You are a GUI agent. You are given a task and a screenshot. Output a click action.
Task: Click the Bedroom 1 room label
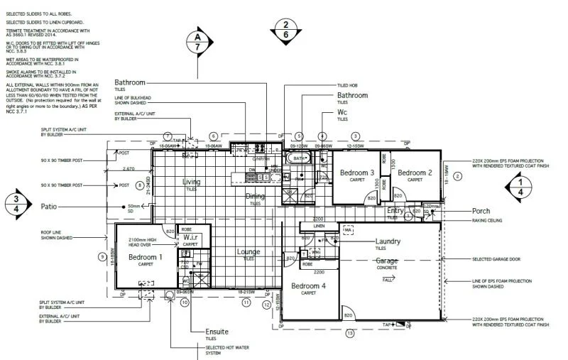point(146,256)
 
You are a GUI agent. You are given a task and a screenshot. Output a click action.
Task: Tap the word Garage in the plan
point(387,261)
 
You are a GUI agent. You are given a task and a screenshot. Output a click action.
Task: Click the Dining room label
point(255,196)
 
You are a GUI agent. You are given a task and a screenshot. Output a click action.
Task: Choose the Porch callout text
point(480,211)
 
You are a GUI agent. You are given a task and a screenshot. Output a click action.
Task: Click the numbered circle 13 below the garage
point(349,332)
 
